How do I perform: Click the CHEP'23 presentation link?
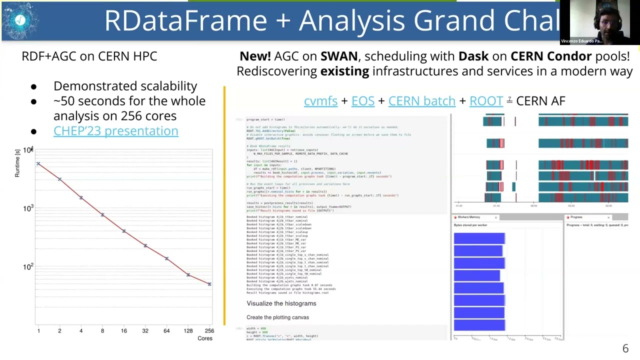(x=115, y=131)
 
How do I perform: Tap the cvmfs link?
(x=320, y=101)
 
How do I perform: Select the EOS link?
(x=362, y=101)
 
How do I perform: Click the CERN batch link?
(x=421, y=101)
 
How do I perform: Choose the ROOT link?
(x=486, y=101)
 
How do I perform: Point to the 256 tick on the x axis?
(x=209, y=330)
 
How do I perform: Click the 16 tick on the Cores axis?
(x=123, y=330)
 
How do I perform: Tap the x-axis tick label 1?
(x=38, y=330)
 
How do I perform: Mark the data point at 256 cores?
(x=209, y=284)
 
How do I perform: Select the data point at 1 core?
(x=38, y=163)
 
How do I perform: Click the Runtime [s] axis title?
(x=17, y=163)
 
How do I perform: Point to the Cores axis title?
(x=204, y=338)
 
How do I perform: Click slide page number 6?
(x=625, y=349)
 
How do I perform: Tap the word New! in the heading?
(x=255, y=56)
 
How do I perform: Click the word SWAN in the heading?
(x=338, y=56)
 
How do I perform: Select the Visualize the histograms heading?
(x=281, y=303)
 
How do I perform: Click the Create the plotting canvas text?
(x=277, y=317)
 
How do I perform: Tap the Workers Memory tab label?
(x=468, y=217)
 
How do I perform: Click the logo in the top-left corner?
(x=20, y=20)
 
